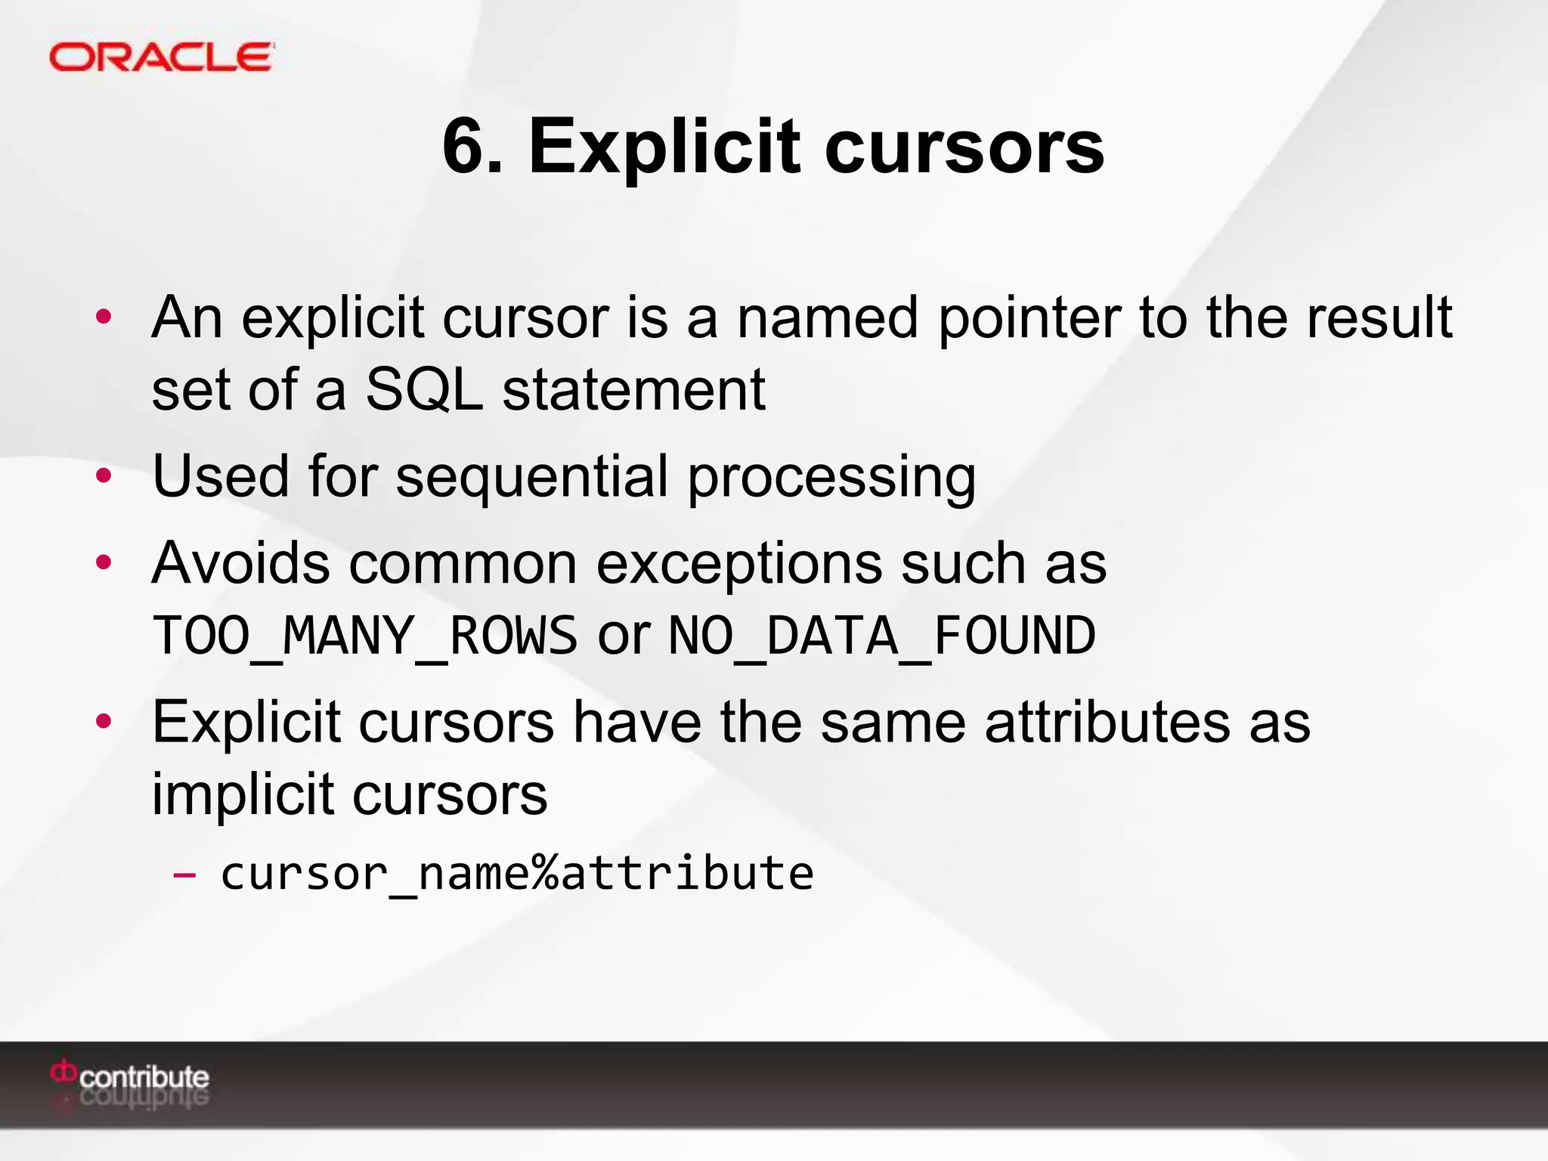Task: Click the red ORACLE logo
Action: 161,57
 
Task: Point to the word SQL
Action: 423,390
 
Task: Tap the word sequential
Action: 532,477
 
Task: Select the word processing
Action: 831,478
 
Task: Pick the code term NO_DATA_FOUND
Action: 882,636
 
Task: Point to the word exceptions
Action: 739,565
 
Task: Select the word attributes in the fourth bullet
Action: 1107,723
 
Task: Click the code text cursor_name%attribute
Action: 517,874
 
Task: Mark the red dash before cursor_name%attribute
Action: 184,875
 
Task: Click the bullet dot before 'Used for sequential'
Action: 104,476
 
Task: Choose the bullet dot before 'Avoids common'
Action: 104,562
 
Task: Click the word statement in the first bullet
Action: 634,390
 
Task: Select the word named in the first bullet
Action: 828,318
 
